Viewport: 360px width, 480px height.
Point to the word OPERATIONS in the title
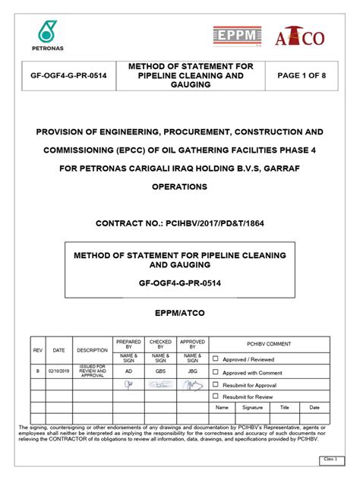[x=179, y=185]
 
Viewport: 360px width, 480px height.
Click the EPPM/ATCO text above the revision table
[x=179, y=312]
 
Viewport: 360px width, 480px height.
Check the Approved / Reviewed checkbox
[x=216, y=358]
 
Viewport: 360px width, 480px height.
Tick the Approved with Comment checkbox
[x=216, y=372]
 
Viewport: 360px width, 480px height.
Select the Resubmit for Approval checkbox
[x=216, y=384]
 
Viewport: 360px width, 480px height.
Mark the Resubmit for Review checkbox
[x=216, y=396]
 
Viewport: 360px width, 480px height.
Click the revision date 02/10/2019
[x=58, y=371]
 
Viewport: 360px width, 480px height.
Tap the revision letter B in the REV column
[x=38, y=371]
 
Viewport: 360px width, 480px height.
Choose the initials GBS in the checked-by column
[x=160, y=372]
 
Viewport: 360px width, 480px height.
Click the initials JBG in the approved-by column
[x=192, y=372]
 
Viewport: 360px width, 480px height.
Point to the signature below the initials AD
[x=128, y=384]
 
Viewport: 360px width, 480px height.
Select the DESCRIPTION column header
[x=92, y=350]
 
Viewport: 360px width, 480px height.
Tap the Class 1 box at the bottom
[x=330, y=459]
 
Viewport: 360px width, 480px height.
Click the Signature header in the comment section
[x=252, y=407]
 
